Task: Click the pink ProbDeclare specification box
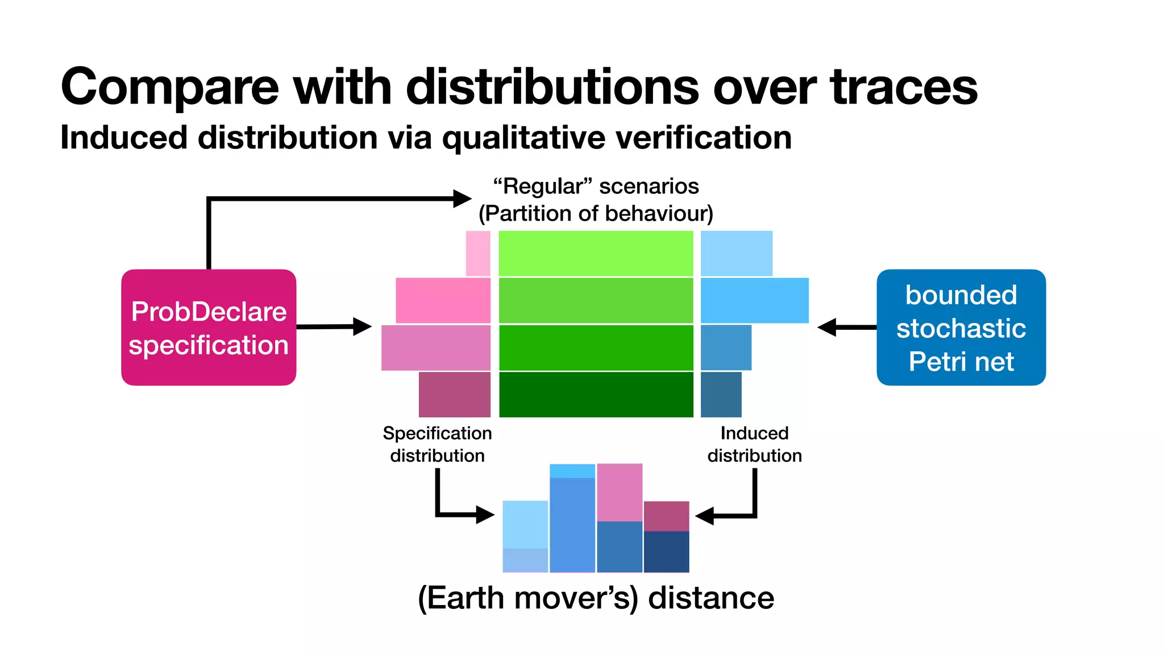pyautogui.click(x=209, y=327)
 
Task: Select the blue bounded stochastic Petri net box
pyautogui.click(x=961, y=327)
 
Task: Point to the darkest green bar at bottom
pyautogui.click(x=596, y=395)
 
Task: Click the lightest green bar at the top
pyautogui.click(x=596, y=254)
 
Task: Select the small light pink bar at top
pyautogui.click(x=478, y=254)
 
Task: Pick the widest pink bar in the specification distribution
pyautogui.click(x=436, y=347)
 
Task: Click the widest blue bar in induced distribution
pyautogui.click(x=754, y=300)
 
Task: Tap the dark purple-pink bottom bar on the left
pyautogui.click(x=455, y=395)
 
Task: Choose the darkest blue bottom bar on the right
pyautogui.click(x=721, y=395)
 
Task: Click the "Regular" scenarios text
pyautogui.click(x=596, y=186)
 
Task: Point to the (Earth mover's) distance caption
pyautogui.click(x=596, y=598)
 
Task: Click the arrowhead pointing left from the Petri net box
pyautogui.click(x=826, y=327)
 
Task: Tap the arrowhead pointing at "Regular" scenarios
pyautogui.click(x=462, y=198)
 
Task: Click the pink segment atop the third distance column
pyautogui.click(x=620, y=492)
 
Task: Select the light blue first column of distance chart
pyautogui.click(x=525, y=524)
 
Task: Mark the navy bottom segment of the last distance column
pyautogui.click(x=666, y=552)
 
